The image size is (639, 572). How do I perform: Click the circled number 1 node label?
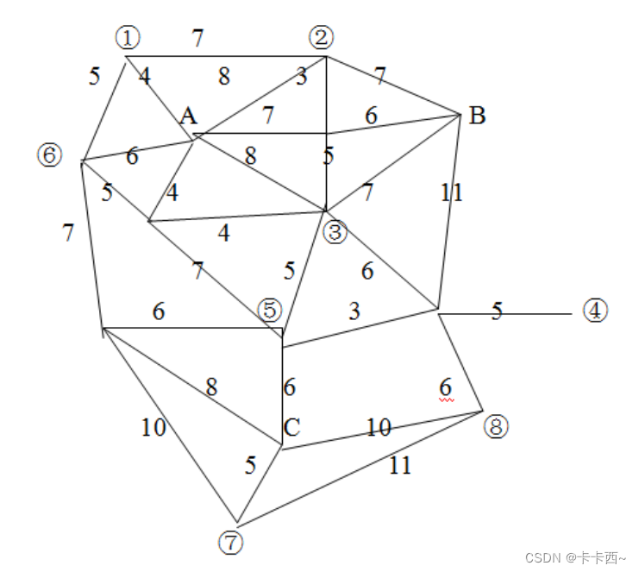(128, 38)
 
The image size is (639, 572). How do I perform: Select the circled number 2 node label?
(322, 38)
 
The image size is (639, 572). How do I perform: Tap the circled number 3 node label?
(335, 231)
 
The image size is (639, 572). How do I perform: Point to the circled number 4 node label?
(595, 311)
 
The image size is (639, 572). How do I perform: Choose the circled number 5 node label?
(270, 310)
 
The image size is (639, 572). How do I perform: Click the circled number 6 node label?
(50, 155)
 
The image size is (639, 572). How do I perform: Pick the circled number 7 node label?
(230, 543)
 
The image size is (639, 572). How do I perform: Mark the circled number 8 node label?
(497, 426)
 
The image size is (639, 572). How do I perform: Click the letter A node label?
(187, 117)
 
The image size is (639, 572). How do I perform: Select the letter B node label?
(477, 116)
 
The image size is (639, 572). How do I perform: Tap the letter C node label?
(291, 428)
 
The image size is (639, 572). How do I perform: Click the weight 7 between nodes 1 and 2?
(198, 38)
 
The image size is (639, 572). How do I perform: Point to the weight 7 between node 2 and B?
(380, 76)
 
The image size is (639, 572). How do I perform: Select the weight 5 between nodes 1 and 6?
(95, 76)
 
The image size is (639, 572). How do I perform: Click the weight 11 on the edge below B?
(452, 192)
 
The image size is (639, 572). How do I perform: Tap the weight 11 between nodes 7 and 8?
(400, 466)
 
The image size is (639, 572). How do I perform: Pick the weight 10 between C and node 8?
(379, 428)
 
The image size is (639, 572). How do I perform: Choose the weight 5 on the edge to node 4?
(497, 311)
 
